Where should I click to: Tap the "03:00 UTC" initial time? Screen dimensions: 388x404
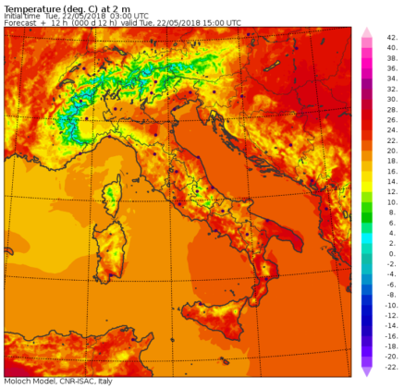(119, 16)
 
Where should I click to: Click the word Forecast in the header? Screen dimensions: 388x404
(21, 23)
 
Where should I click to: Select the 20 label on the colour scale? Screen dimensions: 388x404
(391, 149)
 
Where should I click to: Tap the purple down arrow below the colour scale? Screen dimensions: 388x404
(366, 370)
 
